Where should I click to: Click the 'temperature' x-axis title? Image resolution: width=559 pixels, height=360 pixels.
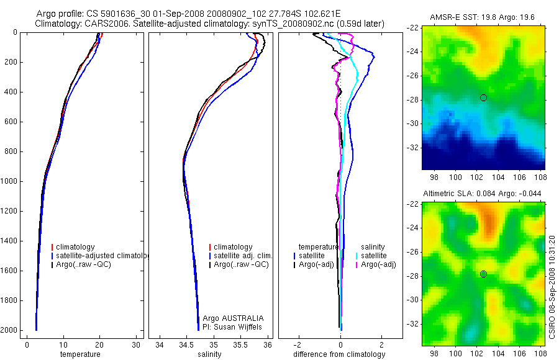tap(80, 354)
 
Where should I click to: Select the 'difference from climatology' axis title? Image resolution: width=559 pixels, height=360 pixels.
tap(340, 354)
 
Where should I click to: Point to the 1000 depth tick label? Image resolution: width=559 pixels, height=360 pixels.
tap(9, 181)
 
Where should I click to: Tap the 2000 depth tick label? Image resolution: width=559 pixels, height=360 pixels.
tap(9, 330)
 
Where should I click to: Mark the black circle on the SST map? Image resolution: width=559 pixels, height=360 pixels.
tap(483, 97)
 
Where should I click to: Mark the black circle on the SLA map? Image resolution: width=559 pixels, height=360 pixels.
tap(483, 274)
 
